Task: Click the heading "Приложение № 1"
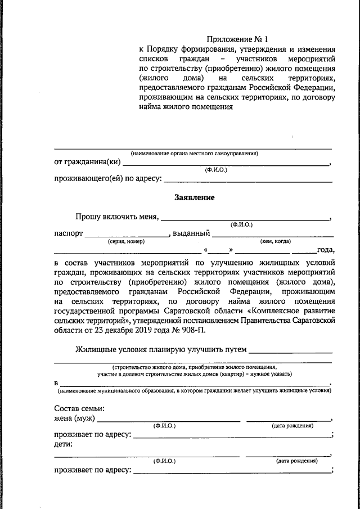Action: pos(237,39)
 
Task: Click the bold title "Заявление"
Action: pos(194,197)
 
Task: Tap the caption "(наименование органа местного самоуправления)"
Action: pos(194,153)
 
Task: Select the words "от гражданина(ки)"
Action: pos(87,163)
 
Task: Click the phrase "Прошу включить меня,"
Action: pos(117,217)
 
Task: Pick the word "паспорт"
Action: pos(69,233)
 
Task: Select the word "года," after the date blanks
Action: pos(326,250)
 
